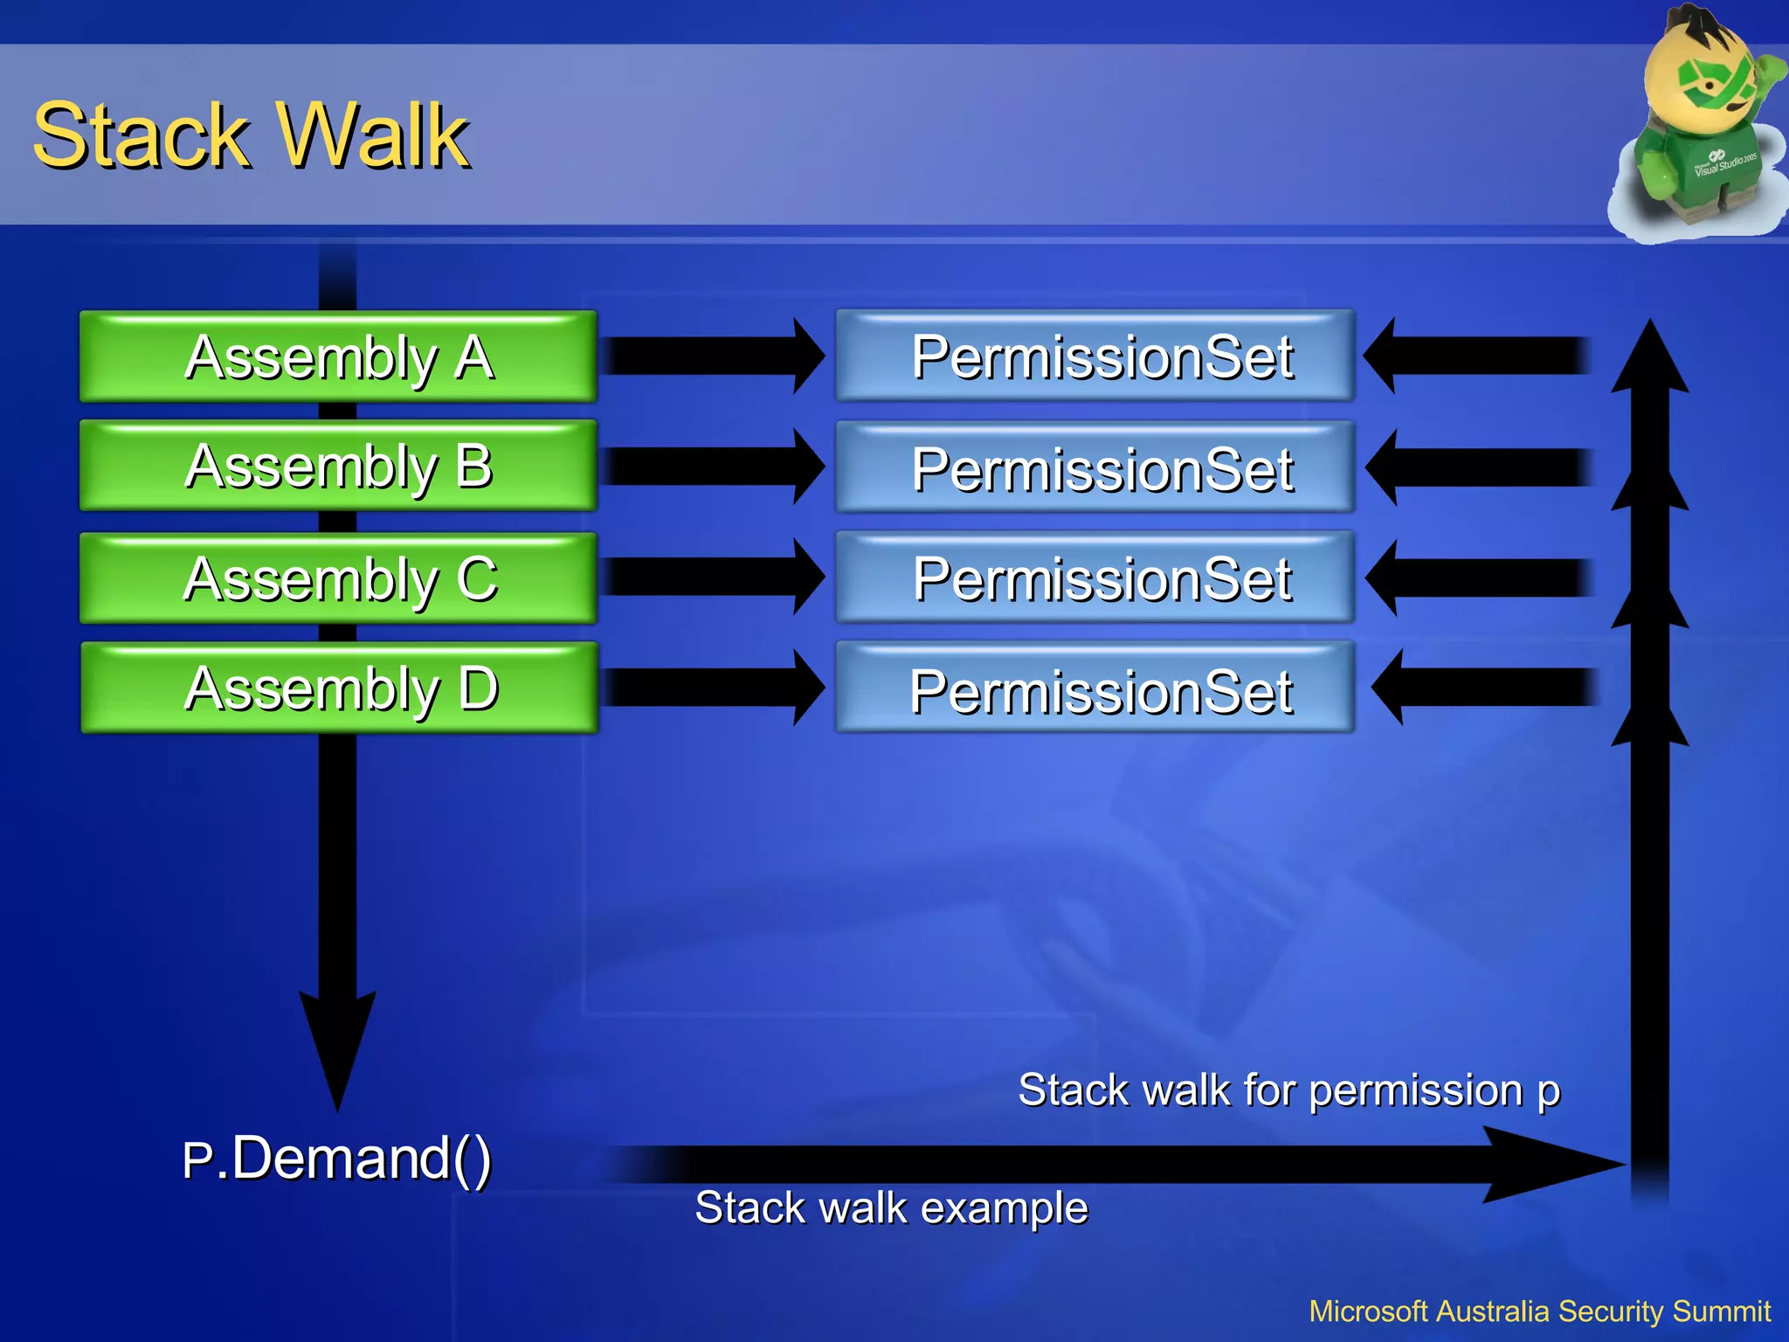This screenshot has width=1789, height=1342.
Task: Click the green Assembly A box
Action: coord(338,356)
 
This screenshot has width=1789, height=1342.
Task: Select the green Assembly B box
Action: coord(338,466)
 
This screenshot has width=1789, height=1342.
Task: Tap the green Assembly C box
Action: coord(338,578)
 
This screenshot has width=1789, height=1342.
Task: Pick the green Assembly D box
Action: coord(339,688)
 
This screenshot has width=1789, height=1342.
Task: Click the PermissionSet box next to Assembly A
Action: coord(1095,356)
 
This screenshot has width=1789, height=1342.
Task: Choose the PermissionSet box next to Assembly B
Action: coord(1095,467)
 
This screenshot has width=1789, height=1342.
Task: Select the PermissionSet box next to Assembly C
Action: coord(1095,578)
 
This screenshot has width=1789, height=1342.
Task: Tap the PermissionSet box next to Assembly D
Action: coord(1095,688)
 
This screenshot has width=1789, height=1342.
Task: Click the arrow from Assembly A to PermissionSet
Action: coord(712,356)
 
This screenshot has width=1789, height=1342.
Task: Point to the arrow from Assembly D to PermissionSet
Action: coord(712,688)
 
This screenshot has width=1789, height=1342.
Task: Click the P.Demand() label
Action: coord(337,1159)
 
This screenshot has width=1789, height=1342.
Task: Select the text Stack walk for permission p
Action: coord(1288,1090)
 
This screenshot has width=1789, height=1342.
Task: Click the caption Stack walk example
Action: coord(891,1208)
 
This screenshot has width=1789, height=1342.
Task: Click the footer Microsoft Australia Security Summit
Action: coord(1539,1311)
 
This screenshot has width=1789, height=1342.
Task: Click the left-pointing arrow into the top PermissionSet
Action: coord(1476,356)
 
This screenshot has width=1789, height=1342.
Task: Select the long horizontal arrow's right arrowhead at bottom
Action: coord(1546,1164)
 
